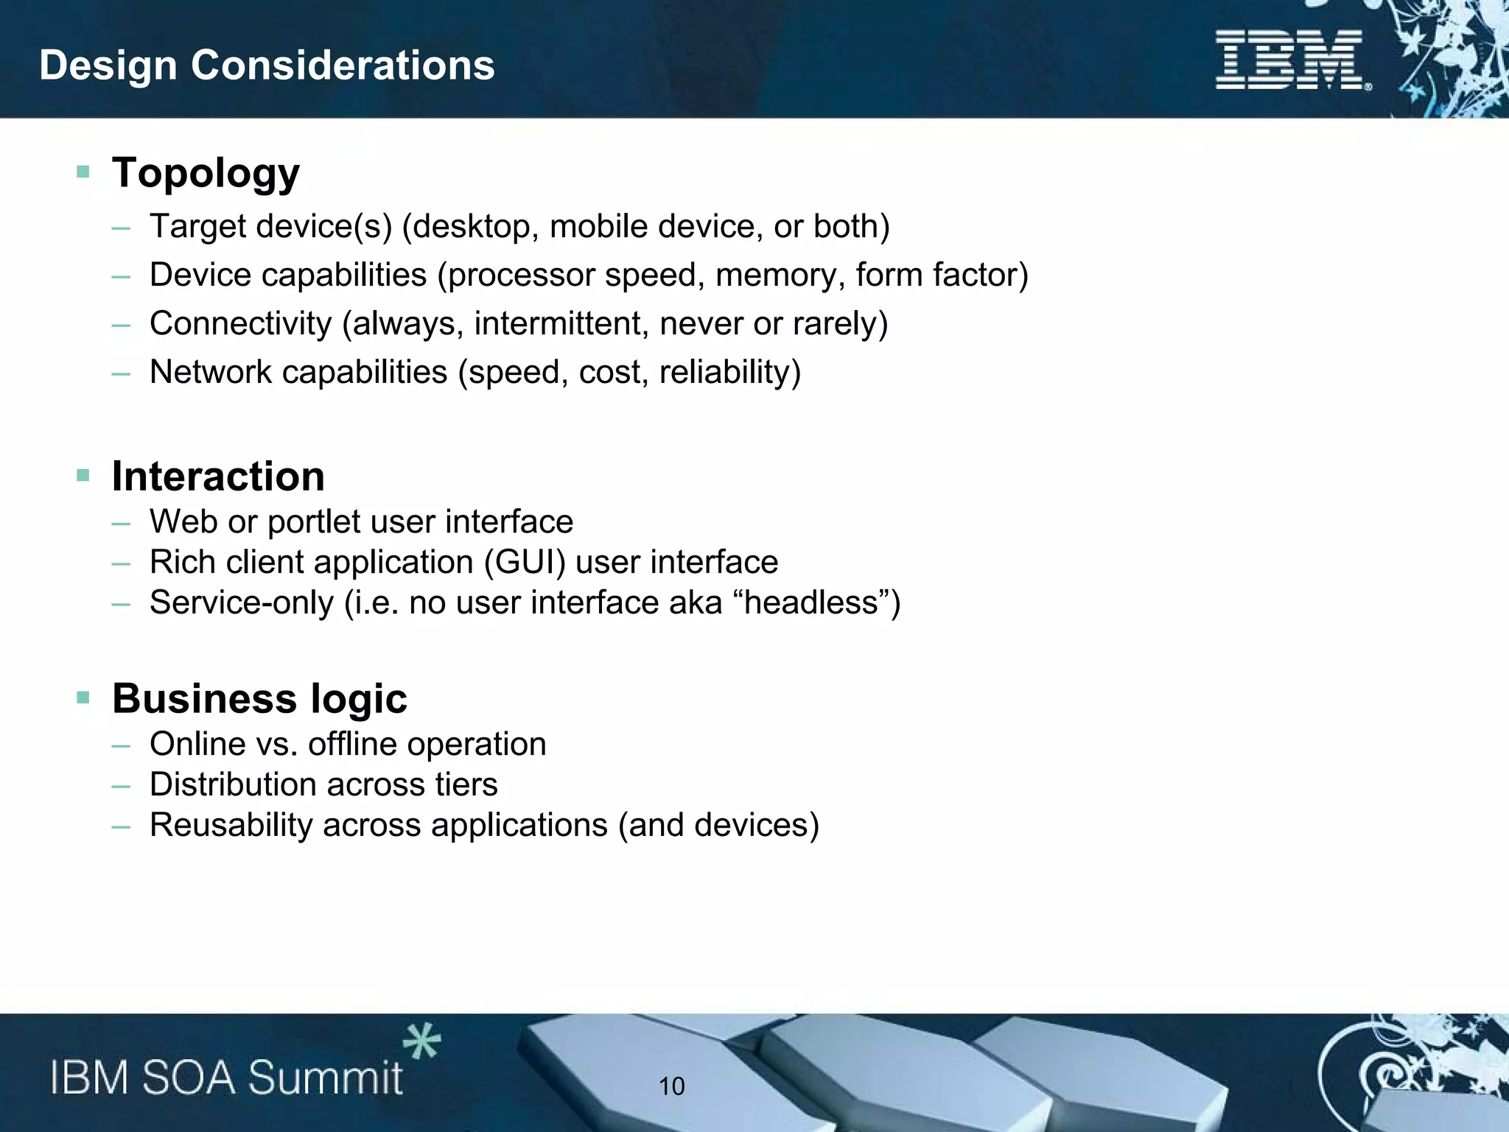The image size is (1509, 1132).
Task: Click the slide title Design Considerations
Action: [267, 65]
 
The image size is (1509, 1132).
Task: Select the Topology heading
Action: [206, 173]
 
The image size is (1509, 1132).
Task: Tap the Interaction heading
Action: [218, 476]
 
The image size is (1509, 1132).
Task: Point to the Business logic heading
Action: [259, 698]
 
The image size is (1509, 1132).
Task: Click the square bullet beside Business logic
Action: [83, 697]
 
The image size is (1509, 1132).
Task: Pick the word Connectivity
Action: [241, 323]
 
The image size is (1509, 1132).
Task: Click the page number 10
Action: [671, 1086]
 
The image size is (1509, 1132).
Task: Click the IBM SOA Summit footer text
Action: [226, 1077]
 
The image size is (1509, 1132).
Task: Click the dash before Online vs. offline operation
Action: [121, 745]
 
